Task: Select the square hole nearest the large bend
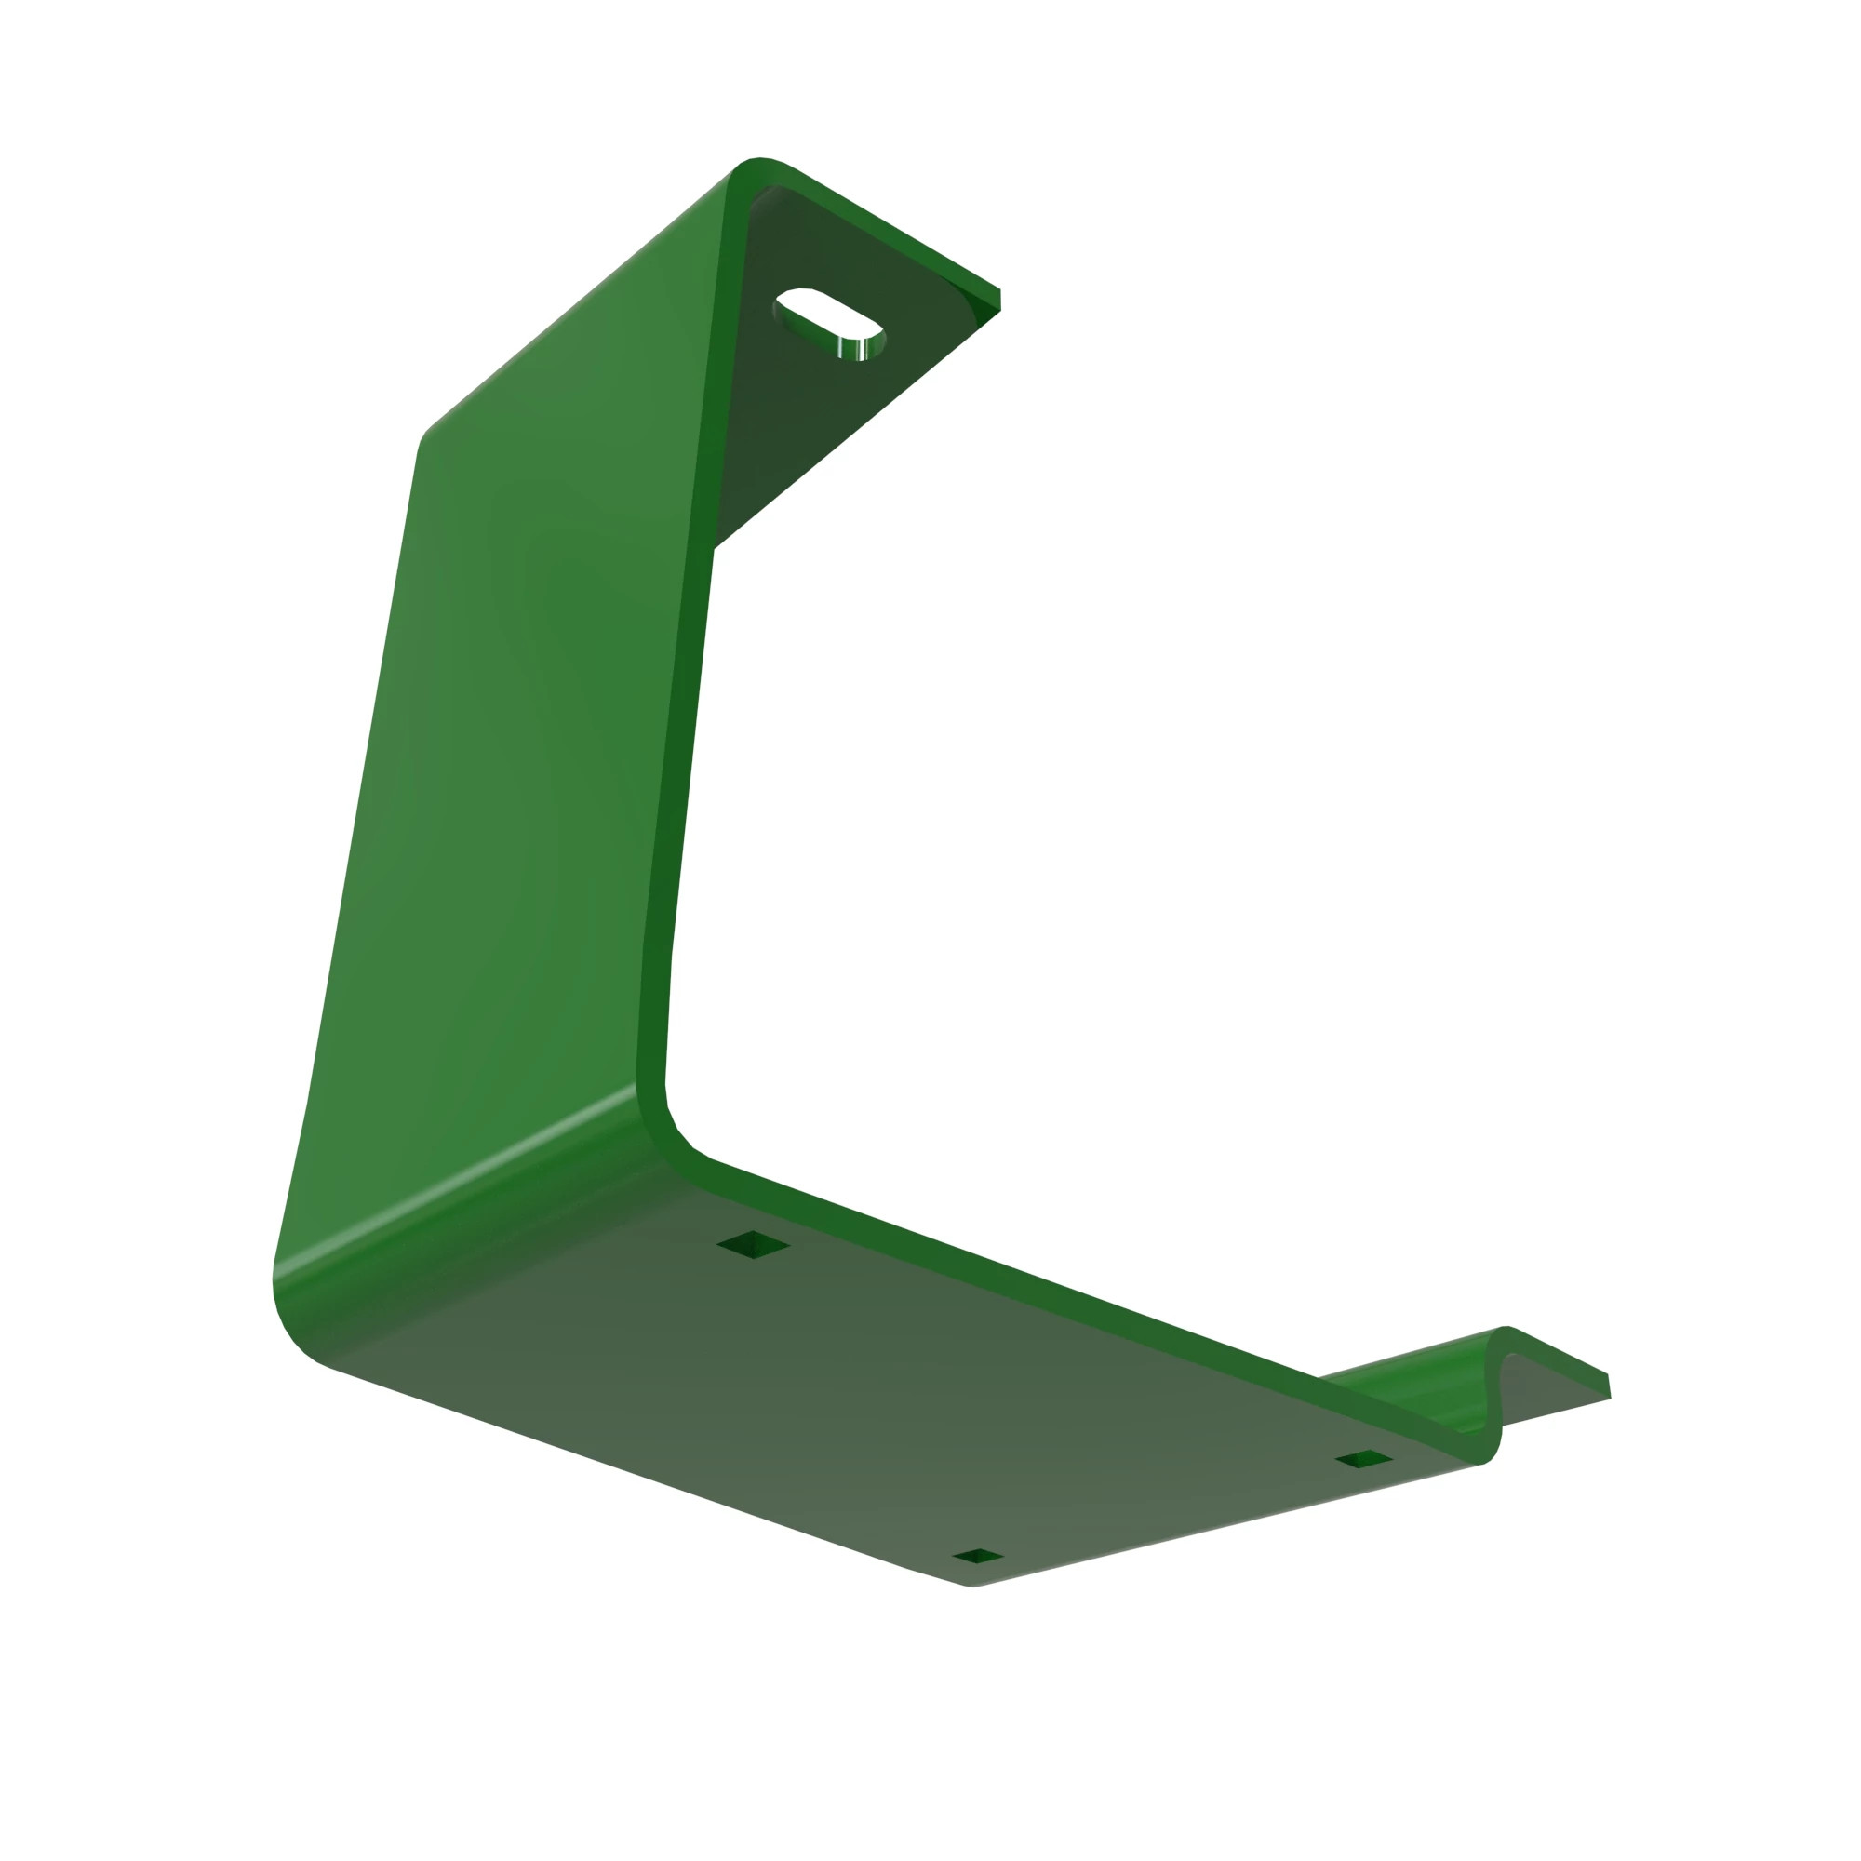(x=754, y=1244)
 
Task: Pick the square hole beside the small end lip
(x=1363, y=1458)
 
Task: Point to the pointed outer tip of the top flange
(x=997, y=299)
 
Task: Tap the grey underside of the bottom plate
(x=867, y=1397)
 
